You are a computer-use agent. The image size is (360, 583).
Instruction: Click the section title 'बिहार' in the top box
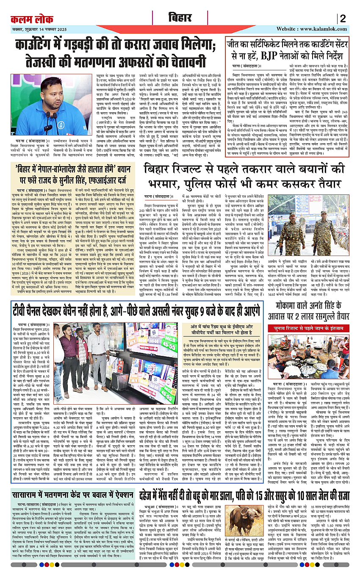pos(180,18)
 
